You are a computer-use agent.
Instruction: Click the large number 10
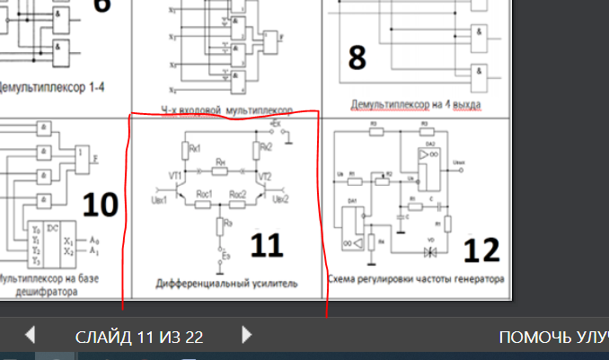pos(99,206)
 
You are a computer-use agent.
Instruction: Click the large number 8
pos(357,58)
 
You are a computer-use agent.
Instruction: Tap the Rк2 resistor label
pos(265,145)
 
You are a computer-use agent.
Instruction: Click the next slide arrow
pos(247,336)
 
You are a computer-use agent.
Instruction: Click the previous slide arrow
pos(30,336)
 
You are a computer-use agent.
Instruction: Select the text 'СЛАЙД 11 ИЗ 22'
pos(138,338)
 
